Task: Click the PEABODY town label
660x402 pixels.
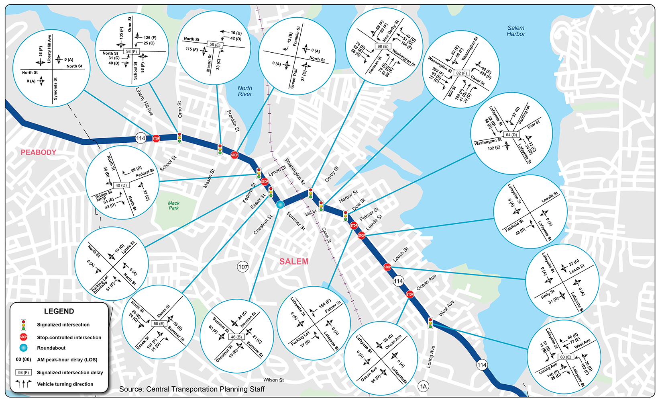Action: pos(39,152)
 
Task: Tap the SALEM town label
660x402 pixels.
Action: pos(294,262)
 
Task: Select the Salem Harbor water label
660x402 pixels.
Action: pos(516,31)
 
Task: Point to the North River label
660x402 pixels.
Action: pos(245,91)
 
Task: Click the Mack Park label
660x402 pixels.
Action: pos(174,205)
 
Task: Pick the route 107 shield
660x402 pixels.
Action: pos(243,267)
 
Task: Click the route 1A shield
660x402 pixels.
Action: pos(424,386)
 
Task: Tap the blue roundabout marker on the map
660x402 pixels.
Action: pos(280,205)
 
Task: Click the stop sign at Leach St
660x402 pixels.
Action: pos(387,267)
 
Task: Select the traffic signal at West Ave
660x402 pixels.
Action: pos(430,323)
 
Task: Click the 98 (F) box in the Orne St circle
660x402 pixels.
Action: pos(131,51)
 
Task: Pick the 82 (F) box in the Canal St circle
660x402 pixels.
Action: pos(462,73)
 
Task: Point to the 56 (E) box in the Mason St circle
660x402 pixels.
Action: pos(215,45)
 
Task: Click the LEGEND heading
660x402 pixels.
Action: pos(59,311)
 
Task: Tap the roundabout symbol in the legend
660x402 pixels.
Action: pos(23,348)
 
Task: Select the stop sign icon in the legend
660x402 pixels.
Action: pos(23,337)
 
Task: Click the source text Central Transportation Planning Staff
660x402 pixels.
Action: pos(192,389)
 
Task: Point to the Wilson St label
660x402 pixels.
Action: pos(273,380)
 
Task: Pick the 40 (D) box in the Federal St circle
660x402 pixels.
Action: pos(121,185)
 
